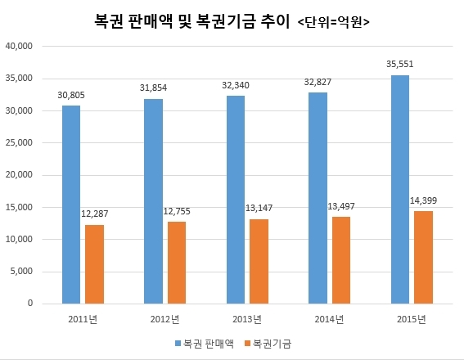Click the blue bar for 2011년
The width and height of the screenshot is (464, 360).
tap(71, 205)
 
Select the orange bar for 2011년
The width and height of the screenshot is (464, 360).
tap(94, 264)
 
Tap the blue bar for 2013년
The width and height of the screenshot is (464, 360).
tap(236, 200)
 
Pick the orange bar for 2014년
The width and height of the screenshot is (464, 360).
tap(341, 260)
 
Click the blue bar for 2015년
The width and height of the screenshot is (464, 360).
tap(400, 189)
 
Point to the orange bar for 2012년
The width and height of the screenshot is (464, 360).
tap(177, 263)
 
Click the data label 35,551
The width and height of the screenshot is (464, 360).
tap(400, 64)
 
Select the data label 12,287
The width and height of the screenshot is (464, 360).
tap(95, 214)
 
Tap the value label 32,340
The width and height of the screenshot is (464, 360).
tap(236, 85)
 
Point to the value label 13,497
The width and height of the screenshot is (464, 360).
tap(341, 206)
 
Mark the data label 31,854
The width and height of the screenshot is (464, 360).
tap(153, 88)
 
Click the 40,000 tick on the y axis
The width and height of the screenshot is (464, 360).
tap(19, 46)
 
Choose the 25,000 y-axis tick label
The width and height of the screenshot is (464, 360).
tap(19, 142)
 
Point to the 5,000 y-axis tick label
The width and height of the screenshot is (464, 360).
tap(21, 272)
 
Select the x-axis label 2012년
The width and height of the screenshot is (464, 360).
tap(164, 319)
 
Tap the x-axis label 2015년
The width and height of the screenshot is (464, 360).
tap(412, 319)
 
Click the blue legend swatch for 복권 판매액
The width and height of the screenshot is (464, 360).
tap(178, 344)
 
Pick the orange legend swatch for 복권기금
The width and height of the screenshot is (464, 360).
tap(248, 344)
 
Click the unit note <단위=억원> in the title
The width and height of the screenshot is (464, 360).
tap(333, 22)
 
